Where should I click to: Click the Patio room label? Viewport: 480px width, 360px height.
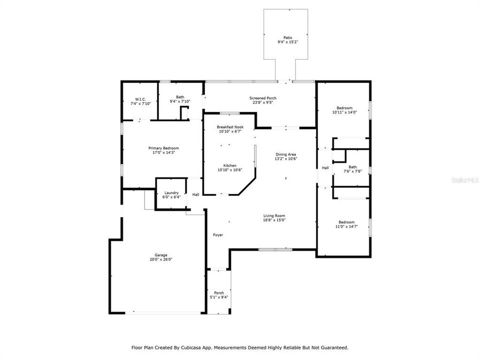click(287, 38)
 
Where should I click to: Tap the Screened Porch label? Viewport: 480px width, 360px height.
click(263, 98)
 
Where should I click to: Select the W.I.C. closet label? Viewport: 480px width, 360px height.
click(140, 99)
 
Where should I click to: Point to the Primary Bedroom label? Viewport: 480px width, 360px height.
click(163, 148)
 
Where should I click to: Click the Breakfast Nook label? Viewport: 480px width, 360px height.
click(229, 127)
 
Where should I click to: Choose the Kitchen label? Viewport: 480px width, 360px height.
click(229, 165)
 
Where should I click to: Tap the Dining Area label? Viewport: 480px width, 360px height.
click(285, 154)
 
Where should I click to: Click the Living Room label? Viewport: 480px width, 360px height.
click(274, 215)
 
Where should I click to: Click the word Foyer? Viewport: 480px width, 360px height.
click(218, 234)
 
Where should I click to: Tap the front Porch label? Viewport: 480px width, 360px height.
click(219, 293)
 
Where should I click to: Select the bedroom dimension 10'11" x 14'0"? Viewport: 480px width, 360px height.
click(344, 112)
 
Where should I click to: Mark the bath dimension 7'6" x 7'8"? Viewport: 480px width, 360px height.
click(352, 171)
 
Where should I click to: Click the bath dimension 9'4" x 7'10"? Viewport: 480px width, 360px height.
click(179, 101)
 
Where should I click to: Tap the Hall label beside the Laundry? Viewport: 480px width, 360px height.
click(195, 194)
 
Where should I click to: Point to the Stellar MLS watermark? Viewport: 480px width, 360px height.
click(464, 178)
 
